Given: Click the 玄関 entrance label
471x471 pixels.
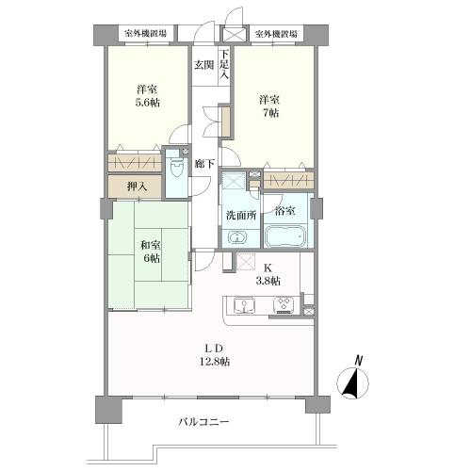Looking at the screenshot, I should coord(203,65).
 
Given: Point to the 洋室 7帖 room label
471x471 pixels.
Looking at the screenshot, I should coord(270,106).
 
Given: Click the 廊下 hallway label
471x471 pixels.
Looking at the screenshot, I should coord(203,163).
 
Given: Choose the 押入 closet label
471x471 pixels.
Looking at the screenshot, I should coord(137,186).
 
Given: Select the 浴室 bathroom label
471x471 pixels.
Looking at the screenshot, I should coord(284,211).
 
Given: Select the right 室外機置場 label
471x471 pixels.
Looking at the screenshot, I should coord(274,33).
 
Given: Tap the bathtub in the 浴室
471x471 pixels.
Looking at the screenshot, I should coord(284,235).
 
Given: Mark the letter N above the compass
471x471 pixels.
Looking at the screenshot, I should coord(359,359).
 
